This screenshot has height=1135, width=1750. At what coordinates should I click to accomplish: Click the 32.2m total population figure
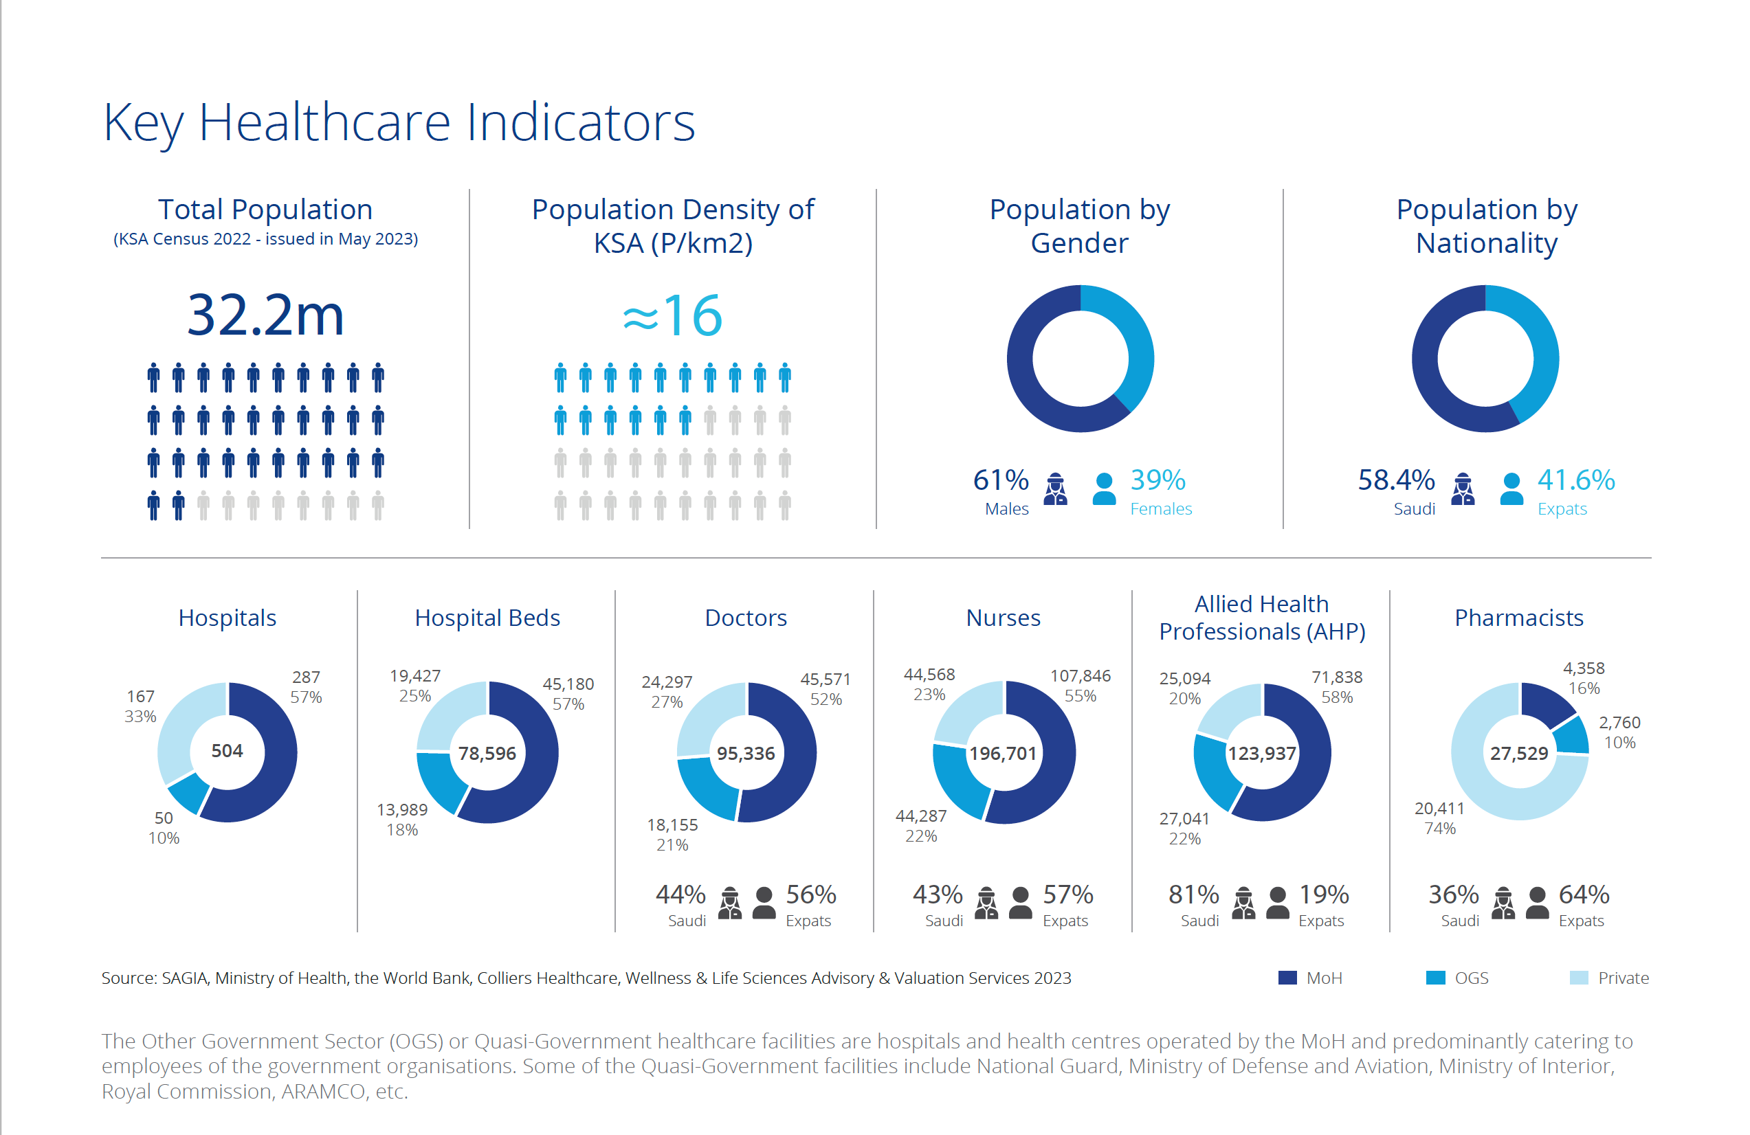(x=265, y=315)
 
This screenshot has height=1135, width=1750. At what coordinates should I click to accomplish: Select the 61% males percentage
(x=1000, y=480)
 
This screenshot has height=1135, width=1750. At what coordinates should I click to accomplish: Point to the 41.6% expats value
(x=1575, y=480)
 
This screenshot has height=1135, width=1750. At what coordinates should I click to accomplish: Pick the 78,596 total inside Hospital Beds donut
(x=487, y=754)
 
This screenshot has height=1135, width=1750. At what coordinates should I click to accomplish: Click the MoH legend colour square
(x=1287, y=978)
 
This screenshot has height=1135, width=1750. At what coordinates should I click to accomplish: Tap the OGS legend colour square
(x=1435, y=978)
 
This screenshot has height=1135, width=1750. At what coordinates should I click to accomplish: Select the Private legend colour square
(x=1579, y=978)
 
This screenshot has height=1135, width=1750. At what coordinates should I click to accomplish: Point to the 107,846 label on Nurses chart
(x=1080, y=675)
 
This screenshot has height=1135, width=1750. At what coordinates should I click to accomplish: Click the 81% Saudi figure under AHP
(x=1193, y=895)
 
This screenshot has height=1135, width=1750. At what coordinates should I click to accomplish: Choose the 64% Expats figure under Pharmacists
(x=1584, y=895)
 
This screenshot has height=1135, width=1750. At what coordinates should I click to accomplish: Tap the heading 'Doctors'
(x=746, y=618)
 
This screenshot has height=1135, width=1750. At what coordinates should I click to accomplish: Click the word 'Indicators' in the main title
(x=581, y=122)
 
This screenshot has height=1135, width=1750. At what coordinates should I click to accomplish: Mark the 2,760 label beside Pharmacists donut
(x=1619, y=723)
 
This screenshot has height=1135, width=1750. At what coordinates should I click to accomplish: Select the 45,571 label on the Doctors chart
(x=825, y=679)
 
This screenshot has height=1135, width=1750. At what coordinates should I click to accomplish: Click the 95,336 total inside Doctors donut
(x=746, y=754)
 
